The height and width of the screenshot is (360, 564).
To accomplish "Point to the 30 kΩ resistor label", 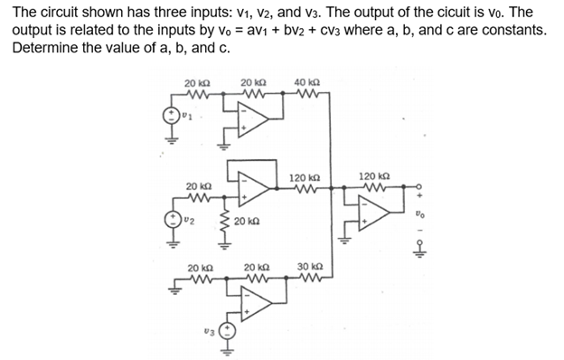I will pos(309,266).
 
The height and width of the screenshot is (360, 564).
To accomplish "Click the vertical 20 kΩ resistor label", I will pos(248,221).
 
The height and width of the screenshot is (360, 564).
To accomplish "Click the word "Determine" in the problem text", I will pos(43,46).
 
